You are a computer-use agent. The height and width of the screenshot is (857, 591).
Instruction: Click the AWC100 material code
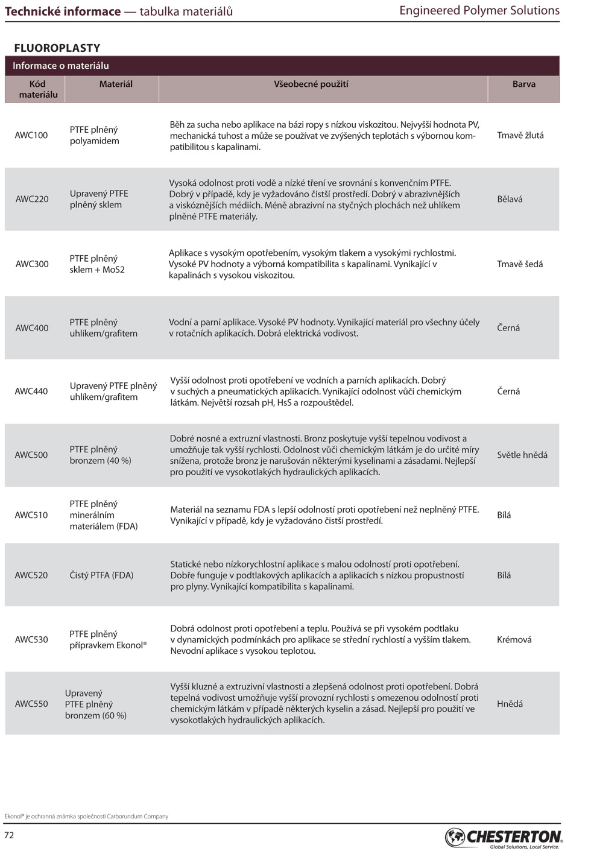pyautogui.click(x=31, y=135)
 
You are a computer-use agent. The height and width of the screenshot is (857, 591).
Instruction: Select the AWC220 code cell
pyautogui.click(x=32, y=199)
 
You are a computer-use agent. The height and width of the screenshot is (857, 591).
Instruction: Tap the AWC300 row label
pyautogui.click(x=32, y=264)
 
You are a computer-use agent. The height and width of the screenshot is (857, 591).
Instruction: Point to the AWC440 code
pyautogui.click(x=31, y=391)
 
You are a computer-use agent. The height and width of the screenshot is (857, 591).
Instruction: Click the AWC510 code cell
pyautogui.click(x=31, y=515)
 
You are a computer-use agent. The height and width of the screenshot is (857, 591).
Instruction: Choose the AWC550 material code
pyautogui.click(x=31, y=703)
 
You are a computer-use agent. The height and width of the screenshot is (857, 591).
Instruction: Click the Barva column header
pyautogui.click(x=523, y=84)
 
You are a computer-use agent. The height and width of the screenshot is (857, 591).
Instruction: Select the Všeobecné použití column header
pyautogui.click(x=311, y=84)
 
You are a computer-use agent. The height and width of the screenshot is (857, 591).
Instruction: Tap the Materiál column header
pyautogui.click(x=116, y=84)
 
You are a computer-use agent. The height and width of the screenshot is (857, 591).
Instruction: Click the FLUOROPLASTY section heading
pyautogui.click(x=57, y=48)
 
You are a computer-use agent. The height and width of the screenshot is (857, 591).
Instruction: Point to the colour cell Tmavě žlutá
pyautogui.click(x=520, y=135)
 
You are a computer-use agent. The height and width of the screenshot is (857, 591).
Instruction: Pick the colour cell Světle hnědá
pyautogui.click(x=522, y=455)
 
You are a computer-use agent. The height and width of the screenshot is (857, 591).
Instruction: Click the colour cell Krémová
pyautogui.click(x=514, y=639)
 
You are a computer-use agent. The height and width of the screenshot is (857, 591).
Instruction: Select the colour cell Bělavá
pyautogui.click(x=510, y=199)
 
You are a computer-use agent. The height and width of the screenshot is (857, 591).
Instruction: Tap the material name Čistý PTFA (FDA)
pyautogui.click(x=101, y=575)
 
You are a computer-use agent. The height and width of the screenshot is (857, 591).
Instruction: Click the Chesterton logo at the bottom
pyautogui.click(x=504, y=837)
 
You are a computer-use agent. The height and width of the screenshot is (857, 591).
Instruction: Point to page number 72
pyautogui.click(x=9, y=835)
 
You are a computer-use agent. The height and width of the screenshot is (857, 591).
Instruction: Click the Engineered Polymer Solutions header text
pyautogui.click(x=479, y=11)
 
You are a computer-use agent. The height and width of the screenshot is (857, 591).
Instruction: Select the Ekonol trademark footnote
pyautogui.click(x=86, y=816)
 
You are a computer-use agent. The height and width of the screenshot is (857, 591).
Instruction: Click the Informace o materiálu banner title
pyautogui.click(x=61, y=66)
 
